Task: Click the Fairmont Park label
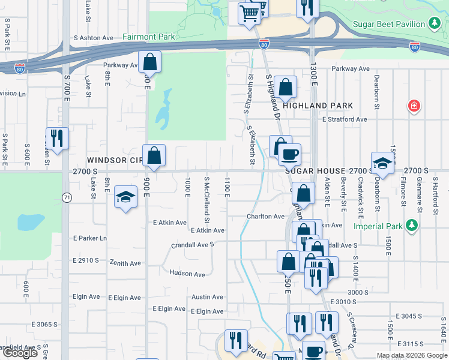(148, 37)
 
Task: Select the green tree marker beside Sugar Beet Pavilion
(435, 24)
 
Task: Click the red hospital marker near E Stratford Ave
(414, 107)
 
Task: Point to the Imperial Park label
(376, 227)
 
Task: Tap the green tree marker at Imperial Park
(411, 226)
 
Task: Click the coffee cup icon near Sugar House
(289, 154)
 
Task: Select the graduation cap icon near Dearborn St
(382, 163)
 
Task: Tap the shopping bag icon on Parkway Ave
(149, 62)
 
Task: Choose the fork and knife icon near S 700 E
(58, 138)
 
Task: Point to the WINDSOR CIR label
(115, 160)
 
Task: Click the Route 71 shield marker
(67, 197)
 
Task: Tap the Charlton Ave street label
(265, 217)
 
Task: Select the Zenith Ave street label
(125, 263)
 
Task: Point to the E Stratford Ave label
(344, 119)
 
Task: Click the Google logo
(20, 353)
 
